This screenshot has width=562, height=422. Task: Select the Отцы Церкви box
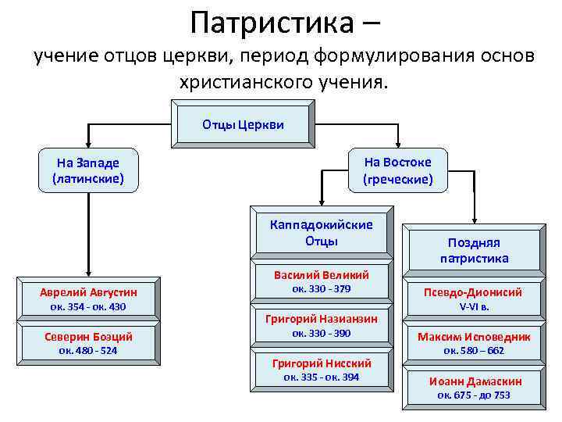(x=243, y=123)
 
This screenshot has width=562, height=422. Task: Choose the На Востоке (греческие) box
(x=397, y=170)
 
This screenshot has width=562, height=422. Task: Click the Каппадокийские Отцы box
(x=321, y=232)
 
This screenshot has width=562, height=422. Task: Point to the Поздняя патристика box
(x=474, y=250)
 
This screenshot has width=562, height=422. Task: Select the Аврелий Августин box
(x=88, y=291)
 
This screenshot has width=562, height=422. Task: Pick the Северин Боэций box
(x=88, y=336)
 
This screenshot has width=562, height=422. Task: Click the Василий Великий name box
(x=321, y=274)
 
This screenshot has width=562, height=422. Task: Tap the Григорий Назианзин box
(x=321, y=318)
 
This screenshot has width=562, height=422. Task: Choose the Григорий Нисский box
(x=321, y=363)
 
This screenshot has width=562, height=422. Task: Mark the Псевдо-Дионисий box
(x=474, y=292)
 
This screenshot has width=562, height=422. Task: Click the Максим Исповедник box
(x=474, y=337)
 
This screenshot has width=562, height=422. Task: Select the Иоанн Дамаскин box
(x=474, y=381)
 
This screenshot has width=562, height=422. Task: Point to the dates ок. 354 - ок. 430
(x=88, y=306)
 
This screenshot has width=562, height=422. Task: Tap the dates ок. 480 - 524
(x=88, y=350)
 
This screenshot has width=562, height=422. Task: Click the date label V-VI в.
(x=474, y=306)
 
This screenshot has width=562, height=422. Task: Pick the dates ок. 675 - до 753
(x=474, y=395)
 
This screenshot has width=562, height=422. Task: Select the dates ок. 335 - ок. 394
(x=321, y=377)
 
